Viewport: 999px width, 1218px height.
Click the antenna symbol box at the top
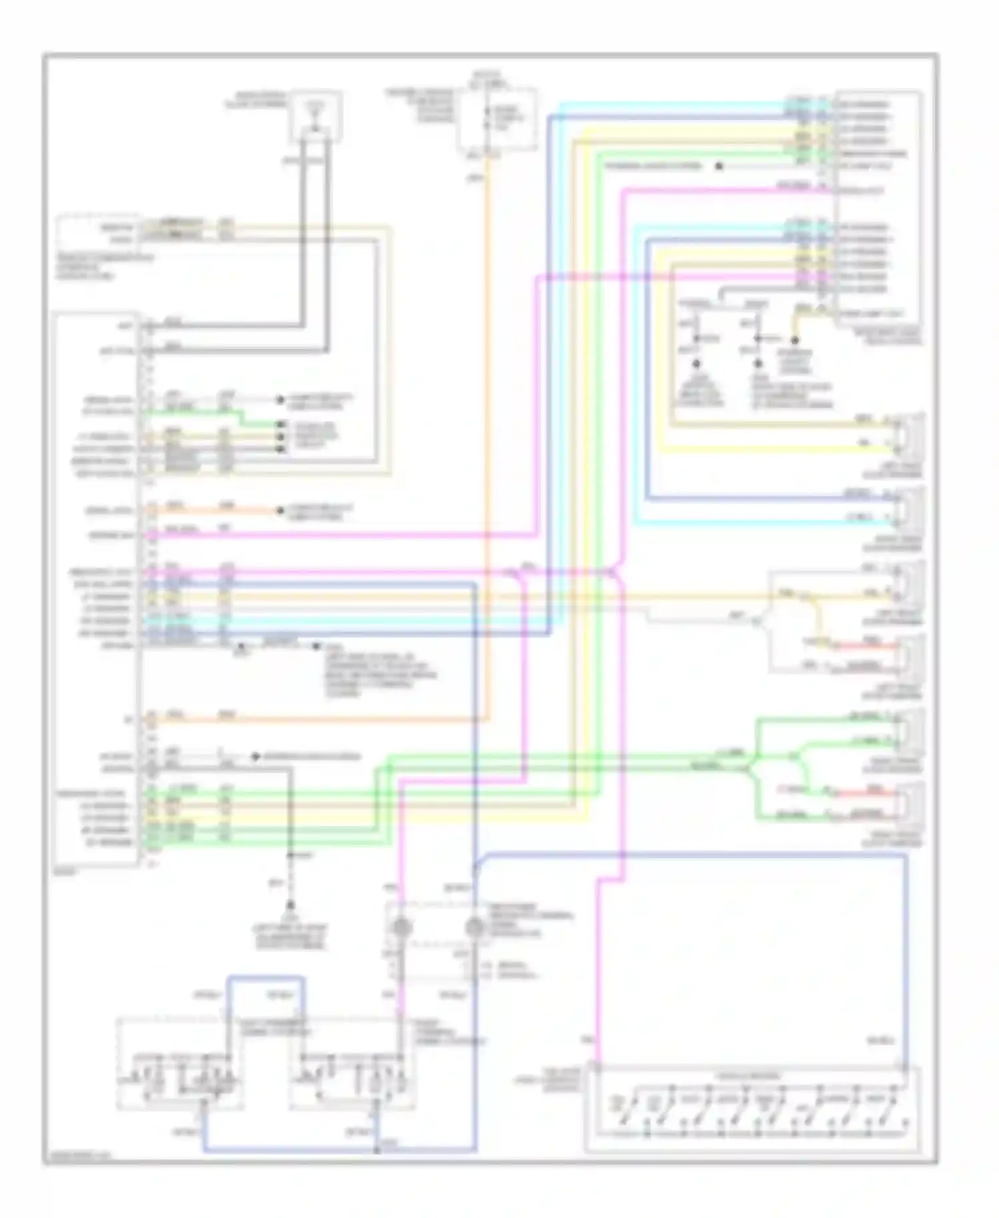click(x=316, y=117)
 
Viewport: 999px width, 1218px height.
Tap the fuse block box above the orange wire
click(x=497, y=120)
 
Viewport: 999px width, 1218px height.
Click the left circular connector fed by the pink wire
click(x=402, y=927)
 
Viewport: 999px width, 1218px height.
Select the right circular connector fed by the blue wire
click(x=474, y=927)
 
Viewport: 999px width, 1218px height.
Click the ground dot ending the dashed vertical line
click(x=290, y=906)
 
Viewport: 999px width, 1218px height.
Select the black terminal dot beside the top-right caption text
click(x=719, y=166)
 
